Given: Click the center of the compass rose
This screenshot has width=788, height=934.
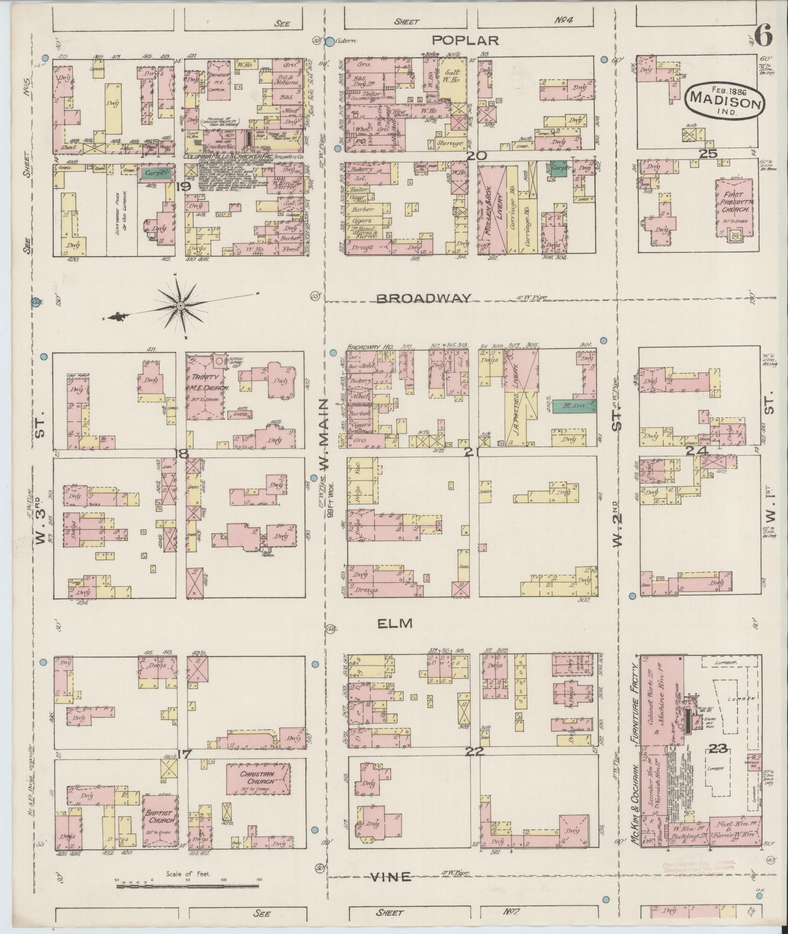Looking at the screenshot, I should [181, 306].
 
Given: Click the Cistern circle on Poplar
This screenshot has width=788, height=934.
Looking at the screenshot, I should [330, 42].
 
